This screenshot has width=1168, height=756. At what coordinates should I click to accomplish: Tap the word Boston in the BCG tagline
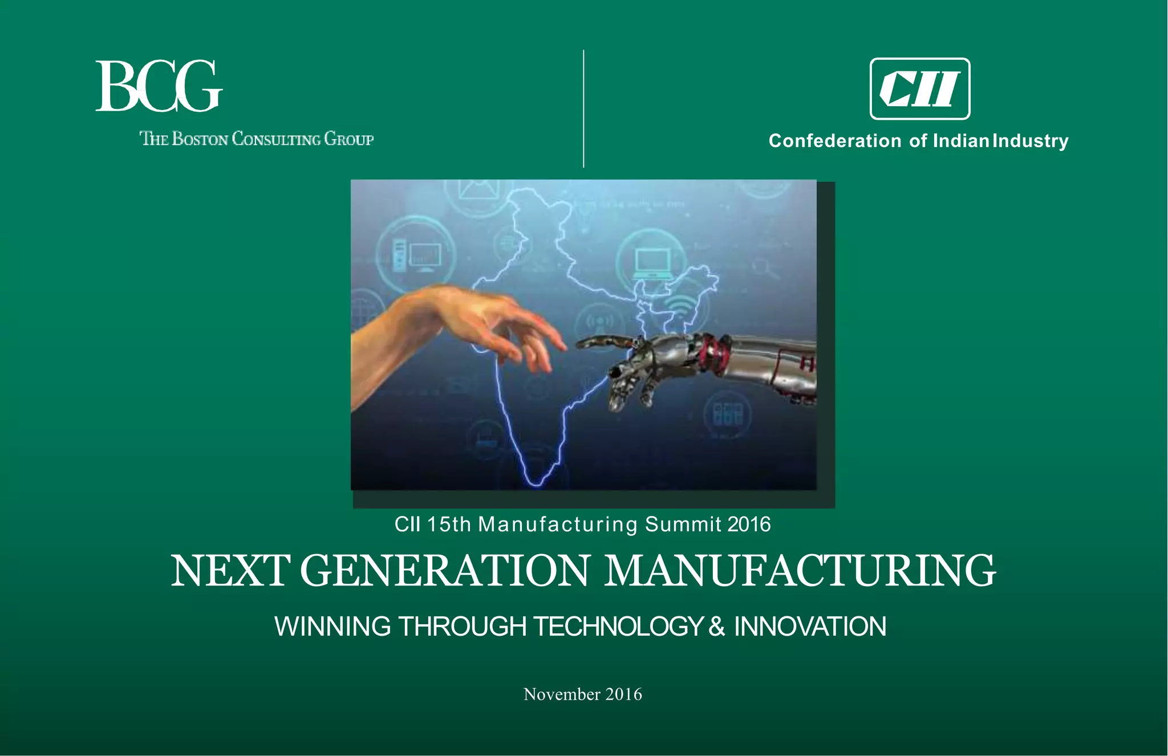(200, 139)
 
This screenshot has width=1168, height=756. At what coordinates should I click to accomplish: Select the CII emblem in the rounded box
(919, 89)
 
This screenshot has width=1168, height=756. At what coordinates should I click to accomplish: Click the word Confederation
(835, 141)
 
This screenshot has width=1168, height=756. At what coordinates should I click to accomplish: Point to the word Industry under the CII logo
(1030, 141)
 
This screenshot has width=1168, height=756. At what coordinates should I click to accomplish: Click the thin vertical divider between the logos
(583, 108)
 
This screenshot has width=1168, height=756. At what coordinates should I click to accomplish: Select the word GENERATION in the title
(444, 571)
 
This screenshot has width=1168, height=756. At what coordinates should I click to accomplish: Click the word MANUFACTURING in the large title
(800, 571)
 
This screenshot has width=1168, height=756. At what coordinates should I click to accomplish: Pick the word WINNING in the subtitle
(332, 627)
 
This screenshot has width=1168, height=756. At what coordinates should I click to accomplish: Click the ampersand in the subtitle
(717, 627)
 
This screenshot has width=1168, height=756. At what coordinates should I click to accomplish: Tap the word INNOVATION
(810, 627)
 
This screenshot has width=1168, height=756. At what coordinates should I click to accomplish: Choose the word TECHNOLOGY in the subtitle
(618, 627)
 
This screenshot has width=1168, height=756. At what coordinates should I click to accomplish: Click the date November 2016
(583, 694)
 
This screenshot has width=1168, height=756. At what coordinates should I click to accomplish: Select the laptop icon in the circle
(652, 263)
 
